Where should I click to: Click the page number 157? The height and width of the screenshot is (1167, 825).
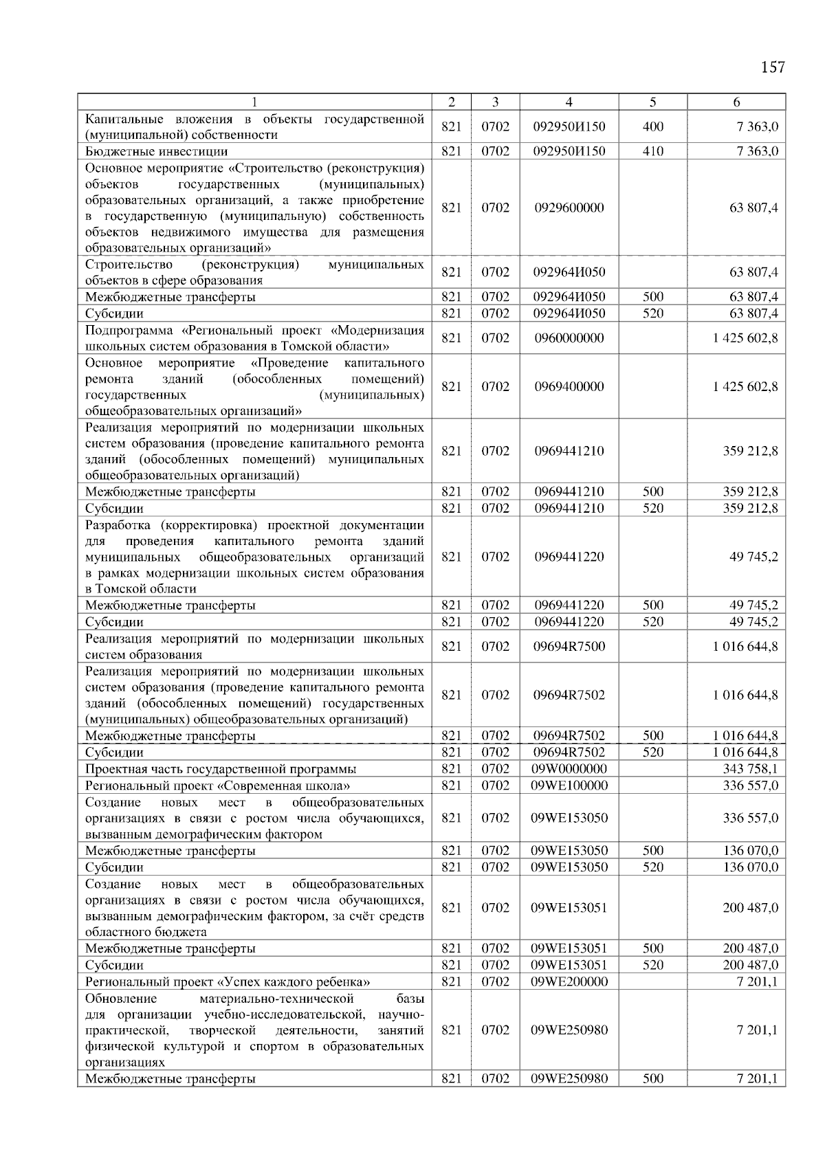(773, 67)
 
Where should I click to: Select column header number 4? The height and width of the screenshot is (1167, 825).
(569, 102)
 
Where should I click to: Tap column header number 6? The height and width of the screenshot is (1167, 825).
(736, 102)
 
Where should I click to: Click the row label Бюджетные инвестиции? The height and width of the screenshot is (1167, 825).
(156, 151)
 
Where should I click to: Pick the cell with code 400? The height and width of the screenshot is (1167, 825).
(652, 126)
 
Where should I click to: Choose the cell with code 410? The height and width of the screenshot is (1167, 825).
(652, 151)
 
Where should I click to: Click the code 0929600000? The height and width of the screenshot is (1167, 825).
(569, 208)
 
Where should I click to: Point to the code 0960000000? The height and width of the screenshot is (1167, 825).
(569, 337)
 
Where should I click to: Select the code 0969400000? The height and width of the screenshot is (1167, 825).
(569, 386)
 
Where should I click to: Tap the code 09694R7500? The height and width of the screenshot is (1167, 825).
(569, 646)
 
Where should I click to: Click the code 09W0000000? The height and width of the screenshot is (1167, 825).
(569, 768)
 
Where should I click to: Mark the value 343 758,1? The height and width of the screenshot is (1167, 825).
(750, 768)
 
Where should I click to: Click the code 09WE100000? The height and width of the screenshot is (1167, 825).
(569, 785)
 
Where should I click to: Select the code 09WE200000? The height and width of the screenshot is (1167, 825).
(569, 981)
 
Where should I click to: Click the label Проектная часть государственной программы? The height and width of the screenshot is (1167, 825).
(221, 768)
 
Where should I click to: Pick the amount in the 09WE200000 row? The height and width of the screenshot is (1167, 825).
(757, 981)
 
